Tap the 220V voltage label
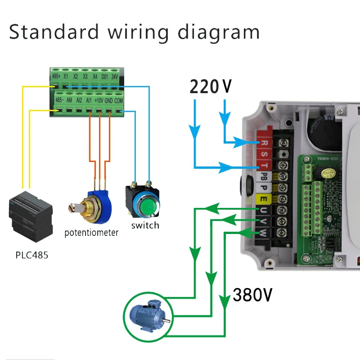[210, 86]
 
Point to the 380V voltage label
[252, 295]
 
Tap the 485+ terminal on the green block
[56, 76]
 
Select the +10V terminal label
[99, 100]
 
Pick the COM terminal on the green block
[119, 100]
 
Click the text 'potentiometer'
[91, 233]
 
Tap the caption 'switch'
[145, 225]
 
